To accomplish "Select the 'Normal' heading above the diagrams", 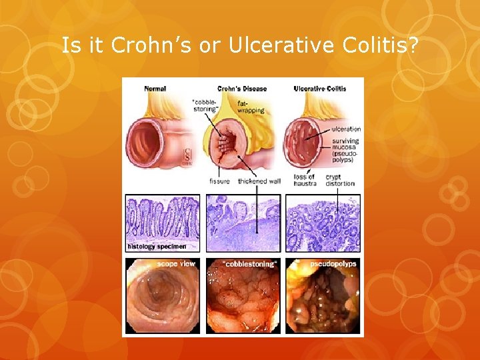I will pos(155,88).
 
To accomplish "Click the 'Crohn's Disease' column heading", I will pos(242,88).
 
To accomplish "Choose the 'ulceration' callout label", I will pos(345,129).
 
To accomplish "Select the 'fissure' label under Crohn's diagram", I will pos(219,181).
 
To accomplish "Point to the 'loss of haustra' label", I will pos(305,180).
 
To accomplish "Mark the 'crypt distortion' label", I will pos(340,180).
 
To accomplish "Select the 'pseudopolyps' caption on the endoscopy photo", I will pos(337,263).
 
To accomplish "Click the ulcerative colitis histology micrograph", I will pos(323,223).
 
